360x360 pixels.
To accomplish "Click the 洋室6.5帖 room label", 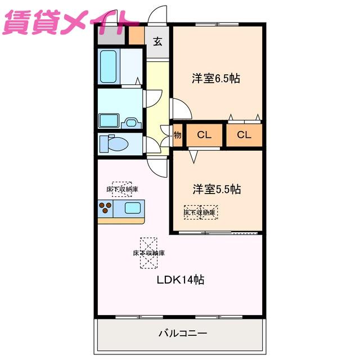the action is pyautogui.click(x=216, y=79).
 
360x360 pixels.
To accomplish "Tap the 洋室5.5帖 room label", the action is pyautogui.click(x=217, y=189).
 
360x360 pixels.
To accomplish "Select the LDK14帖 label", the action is pyautogui.click(x=181, y=280).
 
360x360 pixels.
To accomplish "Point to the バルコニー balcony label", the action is pyautogui.click(x=183, y=333).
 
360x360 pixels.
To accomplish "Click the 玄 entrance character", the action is pyautogui.click(x=157, y=41).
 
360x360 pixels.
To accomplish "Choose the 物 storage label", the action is pyautogui.click(x=178, y=135).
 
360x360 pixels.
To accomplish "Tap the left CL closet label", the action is pyautogui.click(x=204, y=135).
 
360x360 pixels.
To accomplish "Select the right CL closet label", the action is pyautogui.click(x=244, y=135).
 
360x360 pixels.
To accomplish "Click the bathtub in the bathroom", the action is pyautogui.click(x=109, y=66).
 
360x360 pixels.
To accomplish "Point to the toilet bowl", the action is pyautogui.click(x=114, y=143).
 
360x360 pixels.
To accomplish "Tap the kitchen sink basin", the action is pyautogui.click(x=133, y=208).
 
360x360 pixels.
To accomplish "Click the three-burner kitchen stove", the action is pyautogui.click(x=105, y=208).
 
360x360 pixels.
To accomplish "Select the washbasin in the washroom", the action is pyautogui.click(x=131, y=123).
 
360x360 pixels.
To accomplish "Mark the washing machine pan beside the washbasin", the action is pyautogui.click(x=109, y=121).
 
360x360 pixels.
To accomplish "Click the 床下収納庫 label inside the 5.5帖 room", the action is pyautogui.click(x=200, y=213).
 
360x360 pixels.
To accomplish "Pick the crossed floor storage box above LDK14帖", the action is pyautogui.click(x=148, y=253).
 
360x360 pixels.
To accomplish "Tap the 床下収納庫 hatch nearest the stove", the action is pyautogui.click(x=122, y=189).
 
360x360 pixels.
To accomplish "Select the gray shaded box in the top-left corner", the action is pyautogui.click(x=111, y=35).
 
